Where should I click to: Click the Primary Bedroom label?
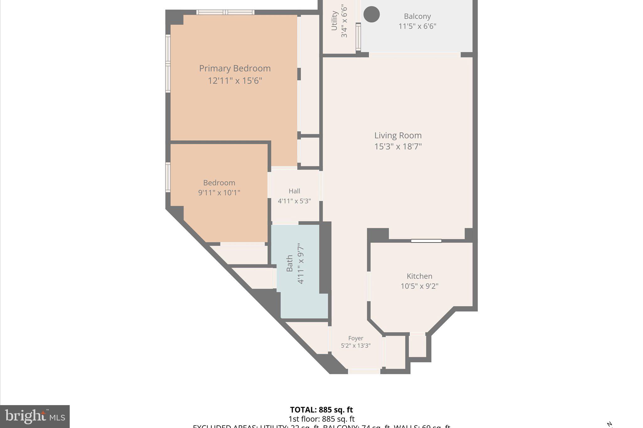click(x=235, y=68)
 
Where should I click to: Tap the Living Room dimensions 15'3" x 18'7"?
click(x=398, y=146)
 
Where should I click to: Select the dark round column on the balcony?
click(x=371, y=14)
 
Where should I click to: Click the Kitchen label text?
click(x=419, y=276)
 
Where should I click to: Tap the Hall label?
click(x=294, y=191)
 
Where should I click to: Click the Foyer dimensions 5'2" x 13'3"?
click(x=356, y=346)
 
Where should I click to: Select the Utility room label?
click(x=334, y=21)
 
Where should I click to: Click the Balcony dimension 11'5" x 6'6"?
click(x=417, y=26)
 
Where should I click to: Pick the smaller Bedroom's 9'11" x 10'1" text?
click(x=219, y=193)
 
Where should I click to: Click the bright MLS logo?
click(x=35, y=416)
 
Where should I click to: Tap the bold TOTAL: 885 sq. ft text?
click(x=321, y=410)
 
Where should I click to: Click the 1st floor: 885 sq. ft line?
click(x=321, y=419)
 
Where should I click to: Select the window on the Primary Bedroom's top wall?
click(x=225, y=12)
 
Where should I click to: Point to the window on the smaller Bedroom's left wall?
click(x=168, y=177)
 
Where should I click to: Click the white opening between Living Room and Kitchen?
click(x=426, y=241)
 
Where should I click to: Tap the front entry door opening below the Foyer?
click(x=364, y=372)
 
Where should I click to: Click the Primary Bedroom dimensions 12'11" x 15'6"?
click(x=235, y=81)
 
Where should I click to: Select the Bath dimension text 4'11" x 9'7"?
click(x=301, y=263)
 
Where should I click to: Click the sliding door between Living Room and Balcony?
click(x=414, y=55)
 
